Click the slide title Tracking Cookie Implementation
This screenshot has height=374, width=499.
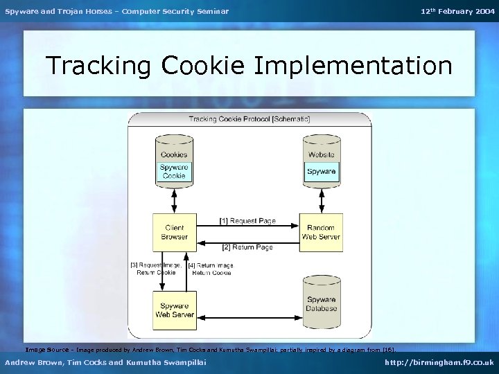point(249,66)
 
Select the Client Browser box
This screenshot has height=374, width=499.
point(174,232)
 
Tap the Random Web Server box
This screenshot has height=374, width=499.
point(321,232)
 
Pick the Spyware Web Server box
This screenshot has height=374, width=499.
point(174,310)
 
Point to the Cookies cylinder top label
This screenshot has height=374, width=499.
point(174,154)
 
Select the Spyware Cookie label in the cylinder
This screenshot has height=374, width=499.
point(174,172)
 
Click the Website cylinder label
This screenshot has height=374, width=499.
point(321,154)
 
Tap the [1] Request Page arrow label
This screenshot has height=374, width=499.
point(247,221)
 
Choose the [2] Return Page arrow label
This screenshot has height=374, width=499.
point(247,247)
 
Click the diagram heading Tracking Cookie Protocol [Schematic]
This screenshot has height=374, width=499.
point(249,119)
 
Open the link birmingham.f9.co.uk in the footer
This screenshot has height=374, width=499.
point(440,363)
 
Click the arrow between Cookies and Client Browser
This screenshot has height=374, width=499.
point(174,199)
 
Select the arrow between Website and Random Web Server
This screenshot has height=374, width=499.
point(321,199)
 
